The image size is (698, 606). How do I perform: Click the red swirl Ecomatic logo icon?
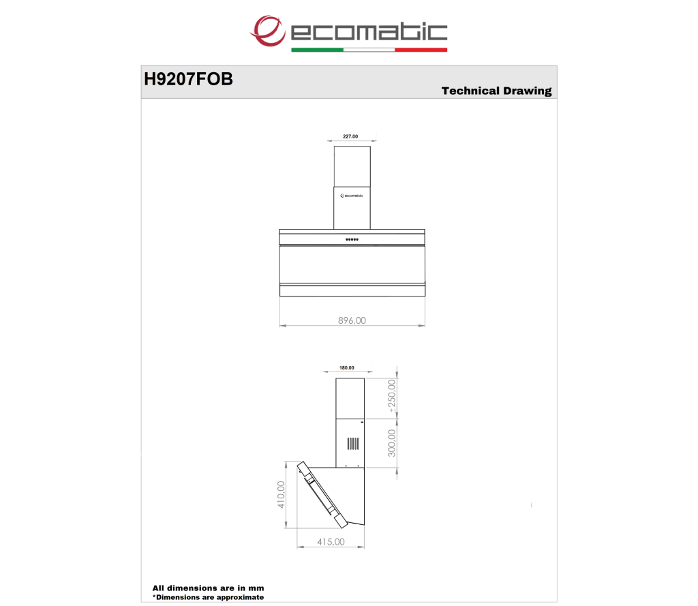pyautogui.click(x=267, y=31)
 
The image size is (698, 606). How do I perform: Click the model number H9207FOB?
pyautogui.click(x=188, y=79)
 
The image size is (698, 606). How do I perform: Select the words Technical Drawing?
pyautogui.click(x=496, y=91)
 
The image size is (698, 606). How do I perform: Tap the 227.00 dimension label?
pyautogui.click(x=350, y=136)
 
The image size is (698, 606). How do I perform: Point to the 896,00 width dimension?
pyautogui.click(x=352, y=320)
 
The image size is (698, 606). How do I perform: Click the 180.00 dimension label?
pyautogui.click(x=347, y=368)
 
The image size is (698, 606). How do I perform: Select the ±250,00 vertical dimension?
pyautogui.click(x=392, y=396)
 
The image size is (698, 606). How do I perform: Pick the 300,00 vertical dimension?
pyautogui.click(x=392, y=443)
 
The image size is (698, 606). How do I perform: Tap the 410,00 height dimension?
pyautogui.click(x=281, y=495)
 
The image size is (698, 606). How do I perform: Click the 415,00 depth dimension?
pyautogui.click(x=331, y=542)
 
